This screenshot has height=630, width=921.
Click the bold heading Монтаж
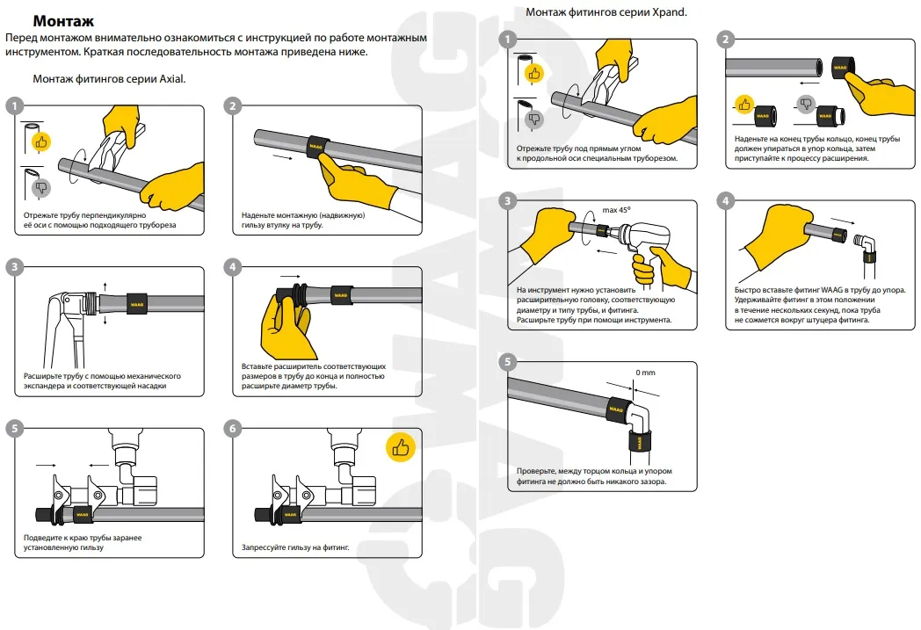(x=63, y=20)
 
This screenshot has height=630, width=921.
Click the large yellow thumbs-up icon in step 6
(x=401, y=448)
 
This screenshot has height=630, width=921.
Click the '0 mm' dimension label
(x=645, y=373)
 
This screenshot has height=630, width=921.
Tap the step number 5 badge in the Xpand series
(x=507, y=362)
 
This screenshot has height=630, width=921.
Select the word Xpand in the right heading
(x=669, y=12)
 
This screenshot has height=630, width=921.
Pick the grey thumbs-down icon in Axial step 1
(x=40, y=186)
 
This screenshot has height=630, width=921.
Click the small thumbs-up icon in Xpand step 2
(x=744, y=105)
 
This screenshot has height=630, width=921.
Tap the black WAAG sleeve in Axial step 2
(x=316, y=143)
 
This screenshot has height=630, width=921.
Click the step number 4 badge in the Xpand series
(x=725, y=201)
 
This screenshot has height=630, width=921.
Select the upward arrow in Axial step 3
(x=105, y=285)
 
